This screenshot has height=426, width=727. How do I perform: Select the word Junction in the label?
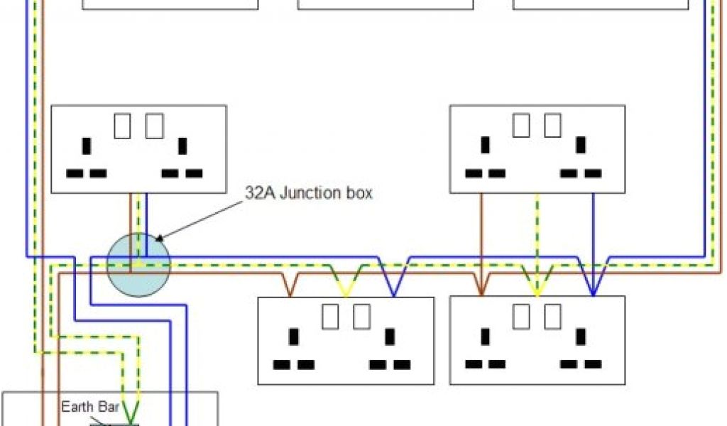[308, 193]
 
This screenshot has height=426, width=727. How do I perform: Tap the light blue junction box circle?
[139, 265]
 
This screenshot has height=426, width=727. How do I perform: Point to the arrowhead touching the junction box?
[159, 239]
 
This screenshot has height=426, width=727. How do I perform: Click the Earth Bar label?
[89, 407]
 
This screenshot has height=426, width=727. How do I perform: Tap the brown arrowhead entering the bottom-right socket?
[481, 290]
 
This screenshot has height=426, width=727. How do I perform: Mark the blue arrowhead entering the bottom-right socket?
[594, 290]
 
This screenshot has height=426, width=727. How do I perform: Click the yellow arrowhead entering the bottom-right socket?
[537, 290]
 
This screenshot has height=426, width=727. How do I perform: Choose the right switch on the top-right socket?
[553, 126]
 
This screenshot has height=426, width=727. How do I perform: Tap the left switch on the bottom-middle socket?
[330, 317]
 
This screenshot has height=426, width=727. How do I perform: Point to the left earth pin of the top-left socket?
[87, 146]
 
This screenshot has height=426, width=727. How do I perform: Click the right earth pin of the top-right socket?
[581, 146]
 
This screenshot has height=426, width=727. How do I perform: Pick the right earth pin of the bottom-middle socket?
[389, 337]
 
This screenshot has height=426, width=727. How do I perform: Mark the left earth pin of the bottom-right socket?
[486, 337]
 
